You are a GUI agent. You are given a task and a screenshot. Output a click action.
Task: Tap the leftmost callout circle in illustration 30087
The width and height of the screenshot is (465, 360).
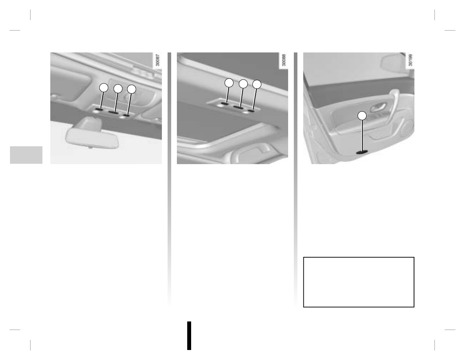pyautogui.click(x=103, y=87)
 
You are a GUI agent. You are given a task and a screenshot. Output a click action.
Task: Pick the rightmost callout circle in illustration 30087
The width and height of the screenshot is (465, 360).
pyautogui.click(x=132, y=89)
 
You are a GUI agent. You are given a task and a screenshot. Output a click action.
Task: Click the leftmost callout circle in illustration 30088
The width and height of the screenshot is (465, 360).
pyautogui.click(x=229, y=83)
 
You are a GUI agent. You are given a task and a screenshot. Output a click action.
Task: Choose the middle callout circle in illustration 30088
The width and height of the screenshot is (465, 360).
pyautogui.click(x=243, y=84)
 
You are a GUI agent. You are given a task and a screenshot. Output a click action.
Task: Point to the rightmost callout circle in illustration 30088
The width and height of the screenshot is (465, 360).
pyautogui.click(x=257, y=85)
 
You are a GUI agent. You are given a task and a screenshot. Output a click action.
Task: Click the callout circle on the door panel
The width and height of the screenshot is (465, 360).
pyautogui.click(x=362, y=116)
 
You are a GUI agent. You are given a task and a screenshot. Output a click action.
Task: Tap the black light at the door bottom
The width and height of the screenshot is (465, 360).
pyautogui.click(x=362, y=152)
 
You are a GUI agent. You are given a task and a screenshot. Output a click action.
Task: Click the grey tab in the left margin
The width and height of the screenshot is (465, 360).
pyautogui.click(x=26, y=155)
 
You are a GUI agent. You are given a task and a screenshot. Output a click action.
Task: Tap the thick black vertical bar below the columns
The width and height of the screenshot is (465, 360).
pyautogui.click(x=189, y=336)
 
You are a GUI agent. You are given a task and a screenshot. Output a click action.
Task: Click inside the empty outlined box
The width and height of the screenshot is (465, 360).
pyautogui.click(x=358, y=282)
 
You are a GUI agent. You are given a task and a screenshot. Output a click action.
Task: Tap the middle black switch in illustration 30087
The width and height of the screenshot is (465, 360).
pyautogui.click(x=113, y=112)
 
